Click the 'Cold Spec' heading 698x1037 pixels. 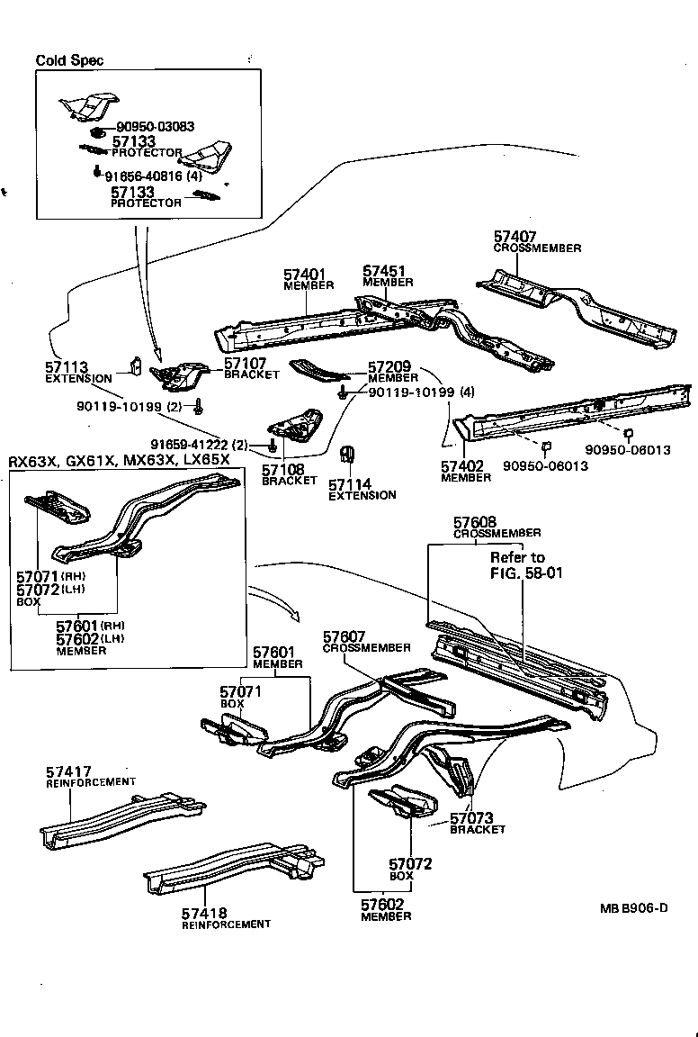[69, 60]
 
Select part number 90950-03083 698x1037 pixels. [155, 127]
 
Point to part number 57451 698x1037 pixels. [384, 271]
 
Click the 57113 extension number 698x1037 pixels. [67, 367]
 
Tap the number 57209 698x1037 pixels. [389, 367]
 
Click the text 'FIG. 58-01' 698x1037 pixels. [526, 573]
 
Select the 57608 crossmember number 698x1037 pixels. [475, 522]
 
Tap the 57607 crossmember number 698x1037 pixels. [345, 636]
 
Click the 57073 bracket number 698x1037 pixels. [472, 818]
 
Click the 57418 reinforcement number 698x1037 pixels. [204, 914]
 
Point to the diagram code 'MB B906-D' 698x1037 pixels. [633, 907]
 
